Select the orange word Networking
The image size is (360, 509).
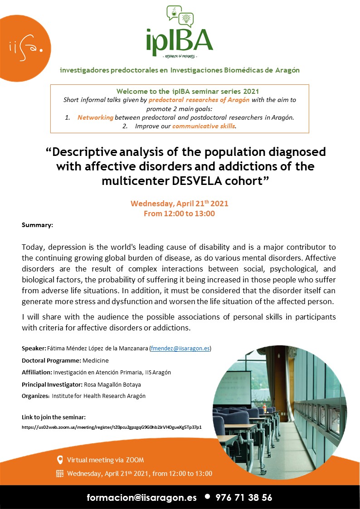95,117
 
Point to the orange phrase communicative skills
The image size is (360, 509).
204,126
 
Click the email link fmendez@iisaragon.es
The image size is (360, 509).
180,349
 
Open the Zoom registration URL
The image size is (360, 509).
112,427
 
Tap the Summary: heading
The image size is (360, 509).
37,225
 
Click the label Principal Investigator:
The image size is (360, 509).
52,384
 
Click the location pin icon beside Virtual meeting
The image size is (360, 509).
59,460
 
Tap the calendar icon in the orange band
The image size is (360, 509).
59,474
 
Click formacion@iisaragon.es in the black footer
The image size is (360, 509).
142,497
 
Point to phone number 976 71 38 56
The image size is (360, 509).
244,497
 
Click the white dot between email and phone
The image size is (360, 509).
207,496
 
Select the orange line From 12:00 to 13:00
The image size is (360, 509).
179,213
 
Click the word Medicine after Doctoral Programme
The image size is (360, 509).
96,360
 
